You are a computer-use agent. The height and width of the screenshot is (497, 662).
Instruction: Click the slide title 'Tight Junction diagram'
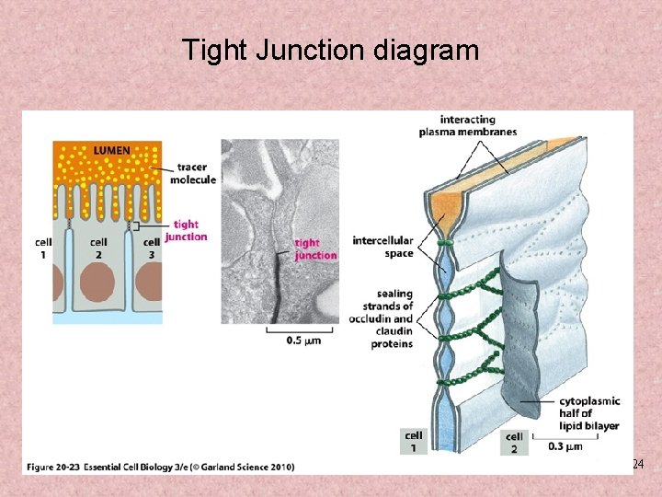click(x=331, y=50)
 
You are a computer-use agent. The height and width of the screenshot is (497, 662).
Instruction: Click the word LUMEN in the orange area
click(x=110, y=150)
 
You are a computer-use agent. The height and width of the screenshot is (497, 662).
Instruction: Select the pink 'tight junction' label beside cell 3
click(x=186, y=230)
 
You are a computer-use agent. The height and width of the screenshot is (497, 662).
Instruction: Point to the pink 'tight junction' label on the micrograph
click(x=315, y=248)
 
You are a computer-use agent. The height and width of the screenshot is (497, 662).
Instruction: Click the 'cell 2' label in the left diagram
click(x=98, y=248)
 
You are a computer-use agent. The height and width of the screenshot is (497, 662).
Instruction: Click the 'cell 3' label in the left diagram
click(x=148, y=248)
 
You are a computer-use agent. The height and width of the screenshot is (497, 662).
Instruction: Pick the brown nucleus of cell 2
click(x=99, y=284)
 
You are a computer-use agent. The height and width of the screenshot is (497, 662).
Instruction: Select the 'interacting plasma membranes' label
click(x=467, y=126)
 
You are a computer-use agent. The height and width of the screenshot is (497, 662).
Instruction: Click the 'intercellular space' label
click(x=382, y=247)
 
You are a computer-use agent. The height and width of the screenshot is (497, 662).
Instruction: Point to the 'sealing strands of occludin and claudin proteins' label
click(x=381, y=318)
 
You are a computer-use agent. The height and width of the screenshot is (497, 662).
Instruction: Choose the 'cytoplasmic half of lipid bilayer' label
click(x=589, y=413)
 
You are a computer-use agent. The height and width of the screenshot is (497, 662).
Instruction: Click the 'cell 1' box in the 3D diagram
click(x=414, y=442)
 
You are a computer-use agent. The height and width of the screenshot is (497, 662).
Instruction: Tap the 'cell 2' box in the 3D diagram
click(x=514, y=443)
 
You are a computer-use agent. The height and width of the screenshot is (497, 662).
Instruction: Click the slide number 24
click(x=638, y=465)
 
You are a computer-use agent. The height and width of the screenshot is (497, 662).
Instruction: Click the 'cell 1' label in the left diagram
click(x=42, y=248)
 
